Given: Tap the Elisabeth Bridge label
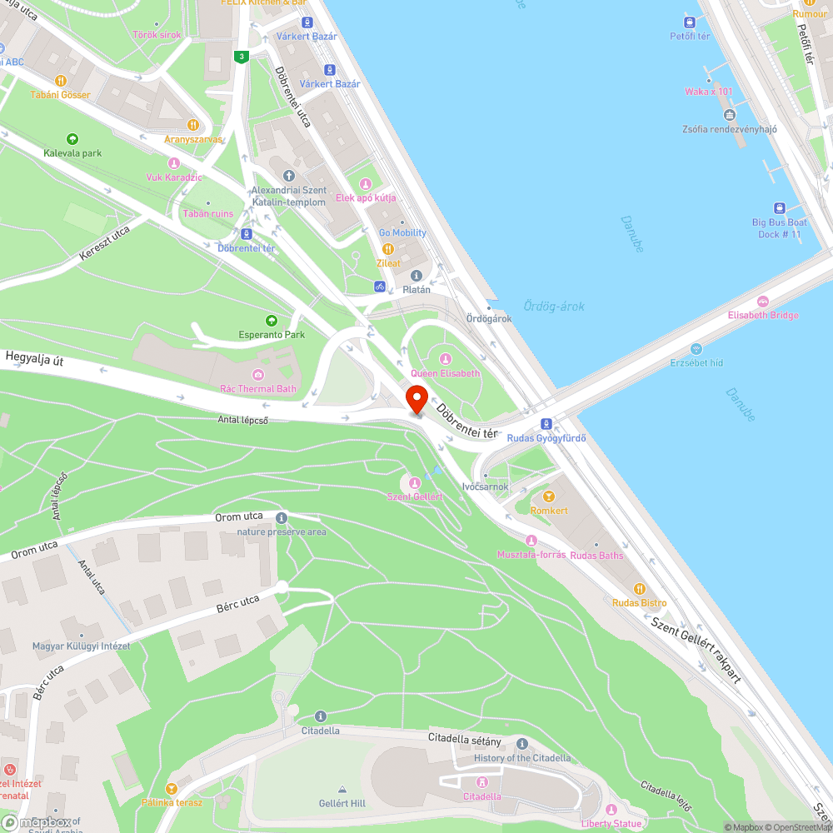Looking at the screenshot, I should pos(762,315).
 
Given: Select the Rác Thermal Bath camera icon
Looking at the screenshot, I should pos(258,375).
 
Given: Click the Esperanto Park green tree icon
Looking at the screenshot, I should pos(271,321).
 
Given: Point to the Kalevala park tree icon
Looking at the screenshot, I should pos(72,139).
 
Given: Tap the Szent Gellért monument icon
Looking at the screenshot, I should pos(415,482).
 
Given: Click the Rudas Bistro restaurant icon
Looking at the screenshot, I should pos(640,589).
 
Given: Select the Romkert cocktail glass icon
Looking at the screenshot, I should pos(548,496).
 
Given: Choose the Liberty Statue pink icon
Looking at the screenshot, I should pos(611,810).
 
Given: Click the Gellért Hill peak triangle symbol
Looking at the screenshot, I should pos(342,789).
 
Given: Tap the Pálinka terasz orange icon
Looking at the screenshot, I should pos(172,789).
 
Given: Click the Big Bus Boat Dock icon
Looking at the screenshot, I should pos(780,208).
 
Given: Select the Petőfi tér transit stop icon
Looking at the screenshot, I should pos(690,22).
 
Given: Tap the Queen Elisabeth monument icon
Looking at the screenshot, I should pos(445,359).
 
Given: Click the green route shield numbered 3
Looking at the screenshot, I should pos(241,57).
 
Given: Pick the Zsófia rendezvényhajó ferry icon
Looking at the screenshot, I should pos(730,115).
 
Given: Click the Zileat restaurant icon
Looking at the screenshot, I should pos(387,249).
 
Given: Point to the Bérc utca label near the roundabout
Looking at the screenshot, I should pos(237,604).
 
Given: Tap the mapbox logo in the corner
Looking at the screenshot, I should pos(42,822).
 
